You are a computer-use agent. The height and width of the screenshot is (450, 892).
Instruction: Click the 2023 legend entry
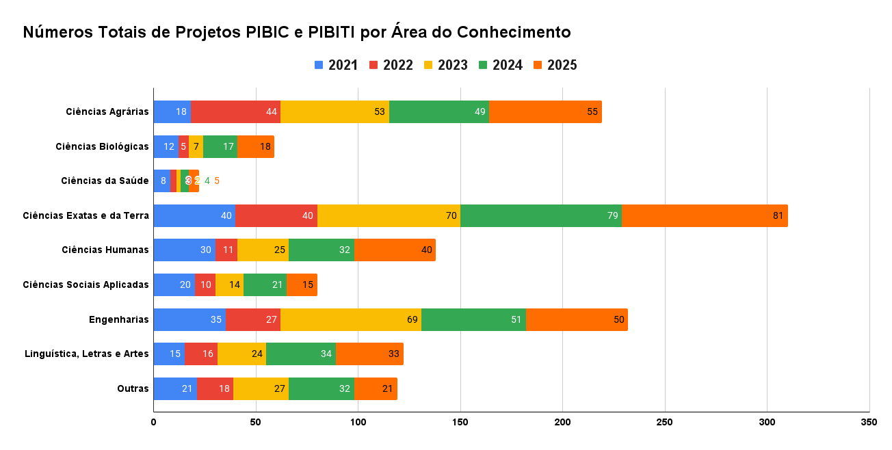(445, 65)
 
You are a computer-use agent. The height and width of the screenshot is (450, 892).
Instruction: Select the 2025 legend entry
(555, 65)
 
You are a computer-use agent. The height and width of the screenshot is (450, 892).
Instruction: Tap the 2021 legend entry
(336, 65)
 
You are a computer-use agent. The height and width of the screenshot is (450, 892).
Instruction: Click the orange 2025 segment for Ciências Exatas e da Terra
(705, 215)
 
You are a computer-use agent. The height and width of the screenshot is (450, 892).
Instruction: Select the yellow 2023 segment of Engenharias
(351, 319)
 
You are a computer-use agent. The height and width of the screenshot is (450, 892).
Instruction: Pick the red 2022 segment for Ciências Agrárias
(235, 111)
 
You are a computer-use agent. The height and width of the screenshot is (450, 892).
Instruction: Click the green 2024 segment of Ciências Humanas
(321, 250)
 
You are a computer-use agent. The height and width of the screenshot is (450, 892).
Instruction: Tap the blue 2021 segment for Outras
(174, 388)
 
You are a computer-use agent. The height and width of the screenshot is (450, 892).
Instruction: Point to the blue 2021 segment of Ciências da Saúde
(161, 181)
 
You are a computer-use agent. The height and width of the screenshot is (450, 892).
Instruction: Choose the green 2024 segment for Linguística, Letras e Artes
(301, 354)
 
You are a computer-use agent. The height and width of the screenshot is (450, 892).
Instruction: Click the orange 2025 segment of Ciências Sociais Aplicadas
(302, 284)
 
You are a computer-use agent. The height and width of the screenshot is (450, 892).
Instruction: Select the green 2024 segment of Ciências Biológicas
(220, 146)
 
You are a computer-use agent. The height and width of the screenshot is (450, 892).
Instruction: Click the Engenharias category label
(118, 319)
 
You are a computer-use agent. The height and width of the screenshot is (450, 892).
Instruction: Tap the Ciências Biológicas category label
(102, 146)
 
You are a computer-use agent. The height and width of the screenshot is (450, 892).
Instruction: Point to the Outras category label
(133, 388)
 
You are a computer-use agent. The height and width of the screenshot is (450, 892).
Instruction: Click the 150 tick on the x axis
(460, 423)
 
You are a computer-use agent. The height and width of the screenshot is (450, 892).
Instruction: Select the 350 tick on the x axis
(869, 423)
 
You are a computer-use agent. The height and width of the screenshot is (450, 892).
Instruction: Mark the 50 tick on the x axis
(256, 423)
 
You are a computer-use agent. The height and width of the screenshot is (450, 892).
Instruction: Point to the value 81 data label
(778, 215)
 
